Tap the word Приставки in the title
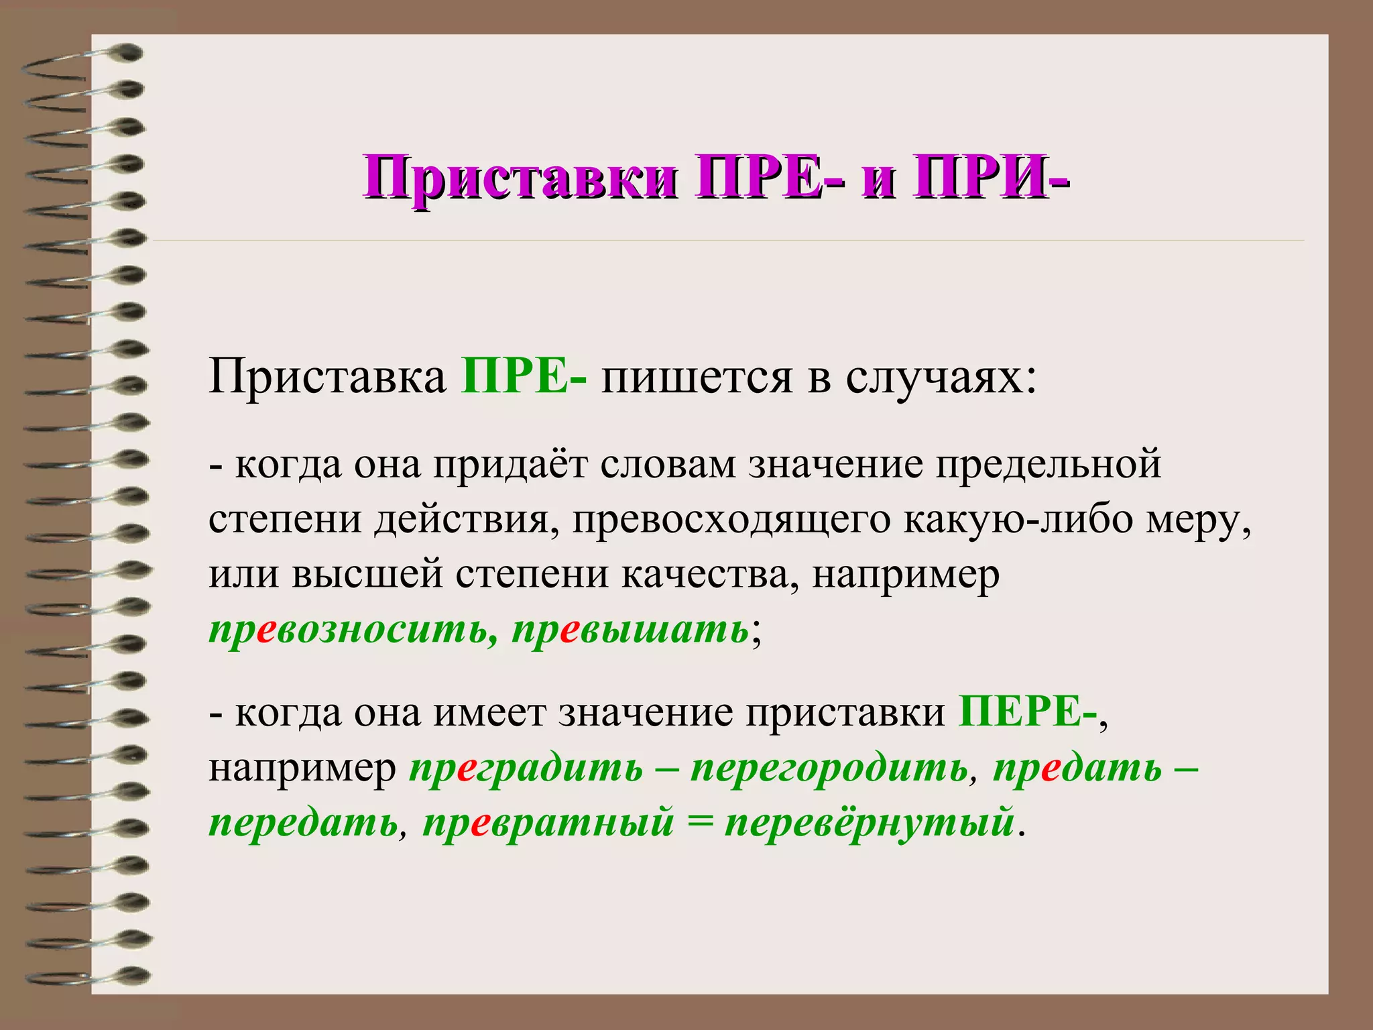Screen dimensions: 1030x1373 tap(520, 177)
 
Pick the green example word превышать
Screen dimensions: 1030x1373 tap(630, 630)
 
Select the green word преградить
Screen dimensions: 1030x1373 tap(526, 768)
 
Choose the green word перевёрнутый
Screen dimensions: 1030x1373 tap(869, 823)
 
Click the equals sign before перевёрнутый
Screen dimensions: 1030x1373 tap(699, 823)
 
